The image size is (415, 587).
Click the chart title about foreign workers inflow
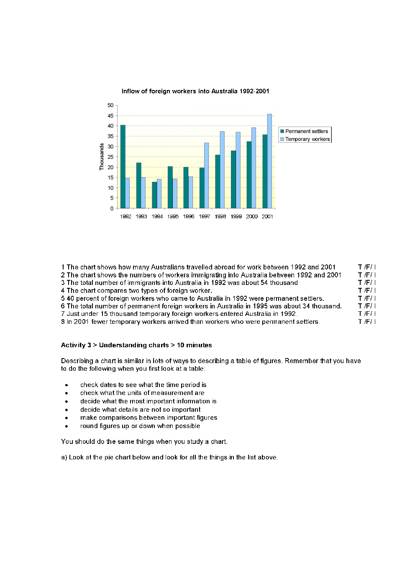click(x=195, y=91)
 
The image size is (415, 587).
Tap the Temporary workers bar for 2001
click(x=269, y=161)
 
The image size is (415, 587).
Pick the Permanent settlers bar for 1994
click(x=154, y=195)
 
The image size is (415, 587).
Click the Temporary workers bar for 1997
click(x=206, y=176)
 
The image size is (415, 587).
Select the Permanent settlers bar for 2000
click(x=249, y=175)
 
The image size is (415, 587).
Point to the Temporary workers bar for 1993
click(x=143, y=193)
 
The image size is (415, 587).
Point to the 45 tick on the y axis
click(x=110, y=116)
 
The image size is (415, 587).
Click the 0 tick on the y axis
click(x=112, y=208)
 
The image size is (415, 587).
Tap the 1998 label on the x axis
click(x=220, y=217)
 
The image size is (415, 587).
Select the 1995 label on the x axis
click(x=173, y=217)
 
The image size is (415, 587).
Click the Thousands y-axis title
click(x=102, y=157)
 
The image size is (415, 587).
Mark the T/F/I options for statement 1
click(x=366, y=267)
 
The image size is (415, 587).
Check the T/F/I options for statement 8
click(x=366, y=322)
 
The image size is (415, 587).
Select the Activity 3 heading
click(x=136, y=345)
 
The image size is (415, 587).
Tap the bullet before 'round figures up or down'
click(x=67, y=426)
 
